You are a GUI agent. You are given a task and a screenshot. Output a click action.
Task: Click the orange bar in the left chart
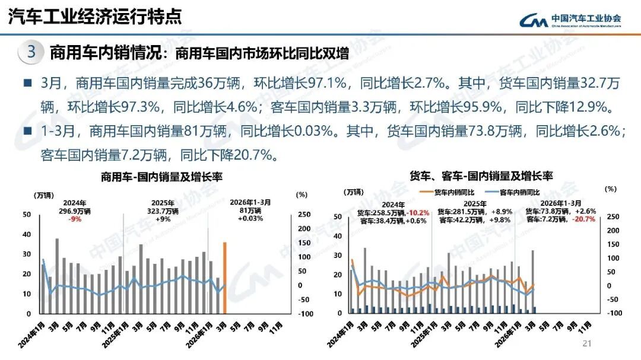pyautogui.click(x=225, y=278)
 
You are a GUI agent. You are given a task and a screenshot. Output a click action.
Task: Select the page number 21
pyautogui.click(x=588, y=344)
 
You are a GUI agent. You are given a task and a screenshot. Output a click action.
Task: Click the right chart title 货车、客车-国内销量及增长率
pyautogui.click(x=481, y=176)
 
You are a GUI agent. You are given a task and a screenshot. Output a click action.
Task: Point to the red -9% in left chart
pyautogui.click(x=74, y=219)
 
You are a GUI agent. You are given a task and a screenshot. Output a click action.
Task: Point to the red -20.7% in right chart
pyautogui.click(x=584, y=220)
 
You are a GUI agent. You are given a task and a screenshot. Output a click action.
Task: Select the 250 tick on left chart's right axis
pyautogui.click(x=303, y=215)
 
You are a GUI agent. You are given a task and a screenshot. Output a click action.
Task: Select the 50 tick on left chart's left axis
pyautogui.click(x=26, y=215)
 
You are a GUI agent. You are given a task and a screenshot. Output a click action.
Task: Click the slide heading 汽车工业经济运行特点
pyautogui.click(x=95, y=16)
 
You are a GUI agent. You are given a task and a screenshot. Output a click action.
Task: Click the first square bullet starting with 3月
pyautogui.click(x=28, y=84)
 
